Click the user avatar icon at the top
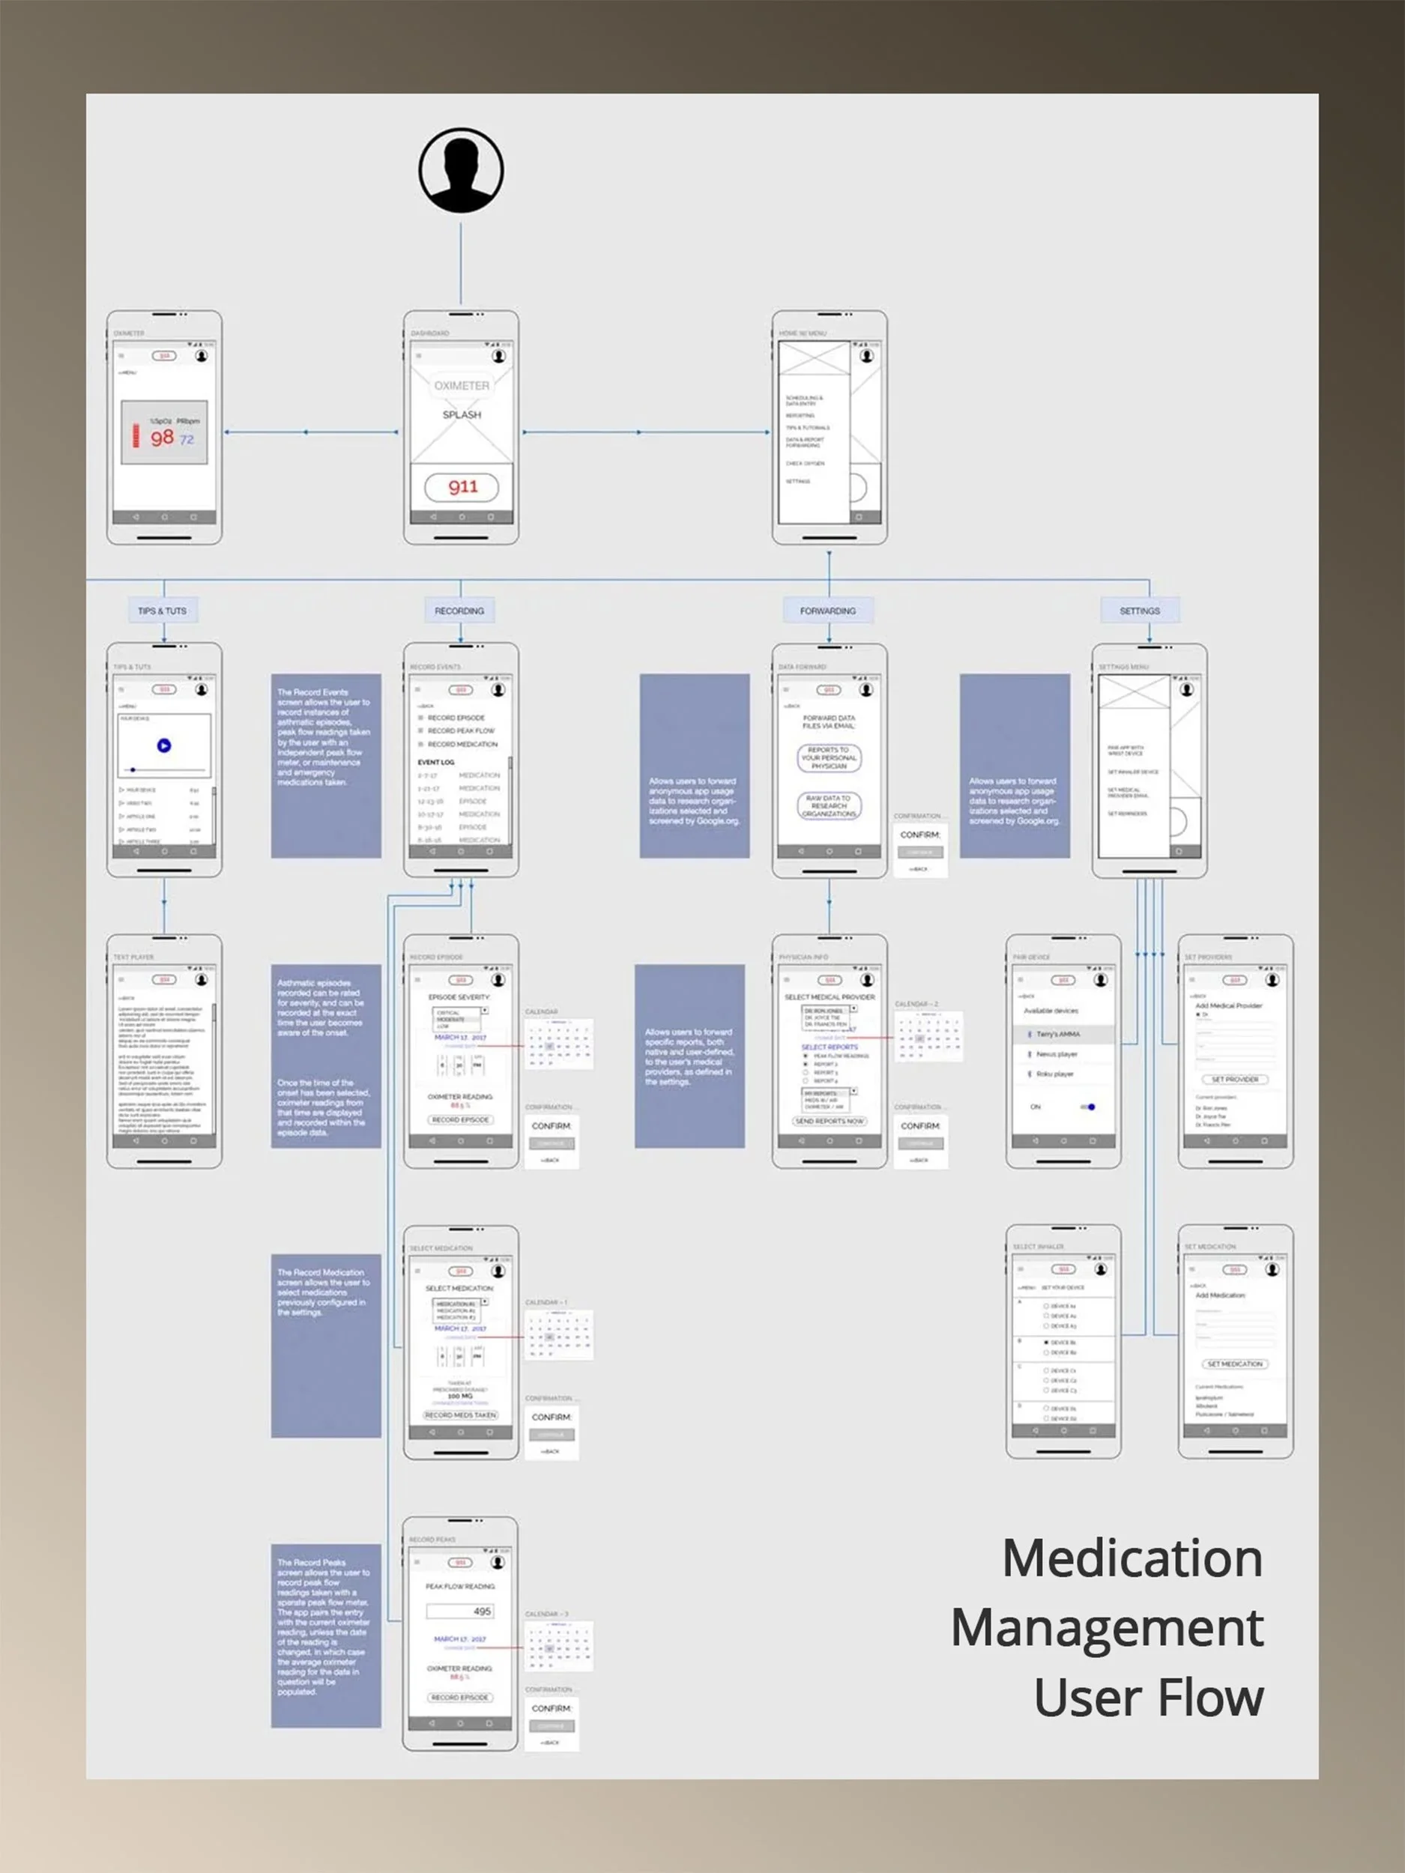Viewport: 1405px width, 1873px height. coord(461,170)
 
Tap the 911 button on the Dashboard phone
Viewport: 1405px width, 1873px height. coord(462,487)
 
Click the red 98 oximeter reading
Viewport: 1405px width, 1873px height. coord(162,438)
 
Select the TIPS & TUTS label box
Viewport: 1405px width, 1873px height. coord(163,611)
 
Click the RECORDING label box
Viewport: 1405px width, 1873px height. coord(459,611)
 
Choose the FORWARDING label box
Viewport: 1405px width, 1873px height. coord(827,611)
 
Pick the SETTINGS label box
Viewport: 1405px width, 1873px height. coord(1139,611)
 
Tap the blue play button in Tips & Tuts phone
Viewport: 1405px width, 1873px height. coord(164,745)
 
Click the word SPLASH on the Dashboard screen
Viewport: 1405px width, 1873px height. coord(462,415)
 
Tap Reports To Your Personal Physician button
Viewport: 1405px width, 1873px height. coord(828,758)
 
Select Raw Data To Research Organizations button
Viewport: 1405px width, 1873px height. coord(828,805)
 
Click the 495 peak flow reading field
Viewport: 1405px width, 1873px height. coord(460,1611)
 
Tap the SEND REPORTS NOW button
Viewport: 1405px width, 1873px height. coord(829,1120)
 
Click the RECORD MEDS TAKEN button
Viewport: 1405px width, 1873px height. coord(461,1415)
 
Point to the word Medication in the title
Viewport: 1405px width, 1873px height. coord(1131,1558)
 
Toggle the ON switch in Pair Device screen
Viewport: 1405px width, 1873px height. coord(1087,1107)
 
